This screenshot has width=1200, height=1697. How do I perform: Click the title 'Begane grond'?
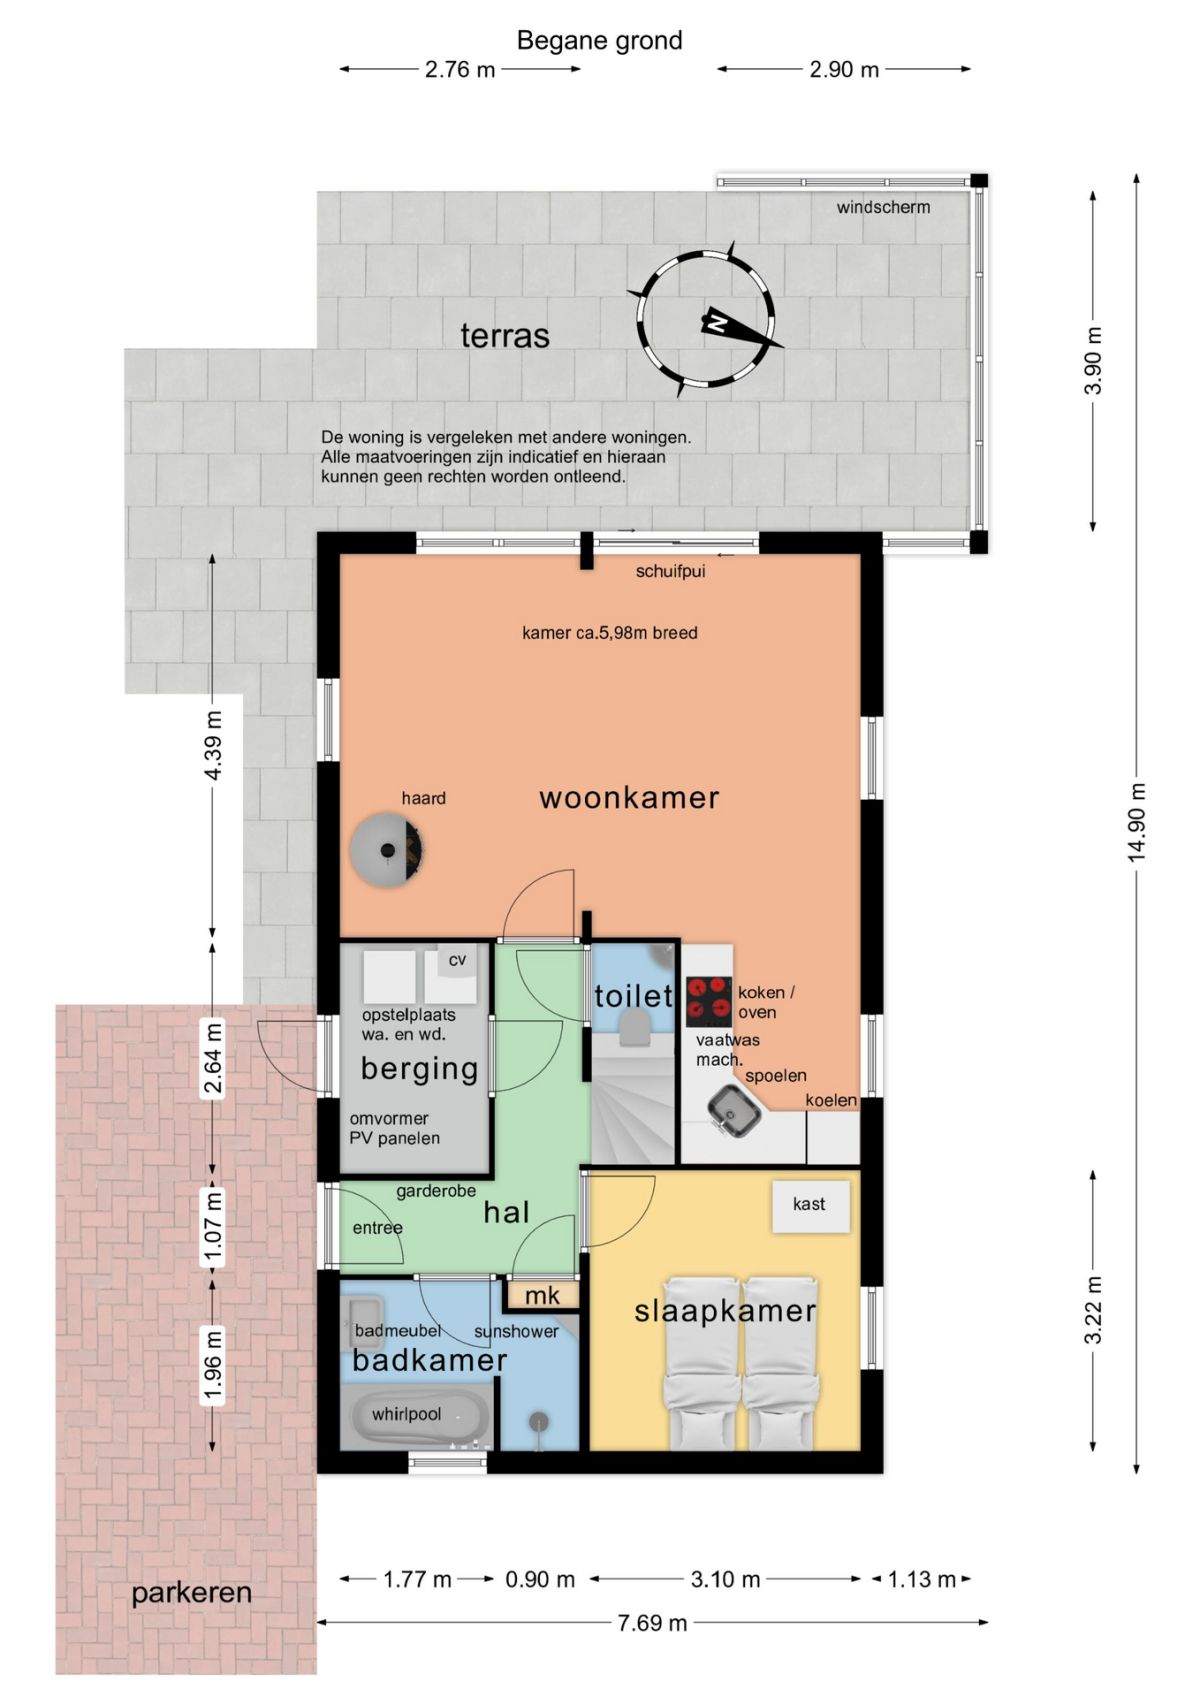599,40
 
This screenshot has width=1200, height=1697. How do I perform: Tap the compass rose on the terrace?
705,319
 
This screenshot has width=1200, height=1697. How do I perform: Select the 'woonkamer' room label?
629,798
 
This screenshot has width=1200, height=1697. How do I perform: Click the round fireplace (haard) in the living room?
386,850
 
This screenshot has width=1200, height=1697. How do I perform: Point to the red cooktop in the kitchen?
709,1001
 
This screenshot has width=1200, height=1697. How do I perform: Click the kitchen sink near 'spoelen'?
734,1111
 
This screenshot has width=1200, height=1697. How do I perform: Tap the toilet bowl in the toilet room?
634,1030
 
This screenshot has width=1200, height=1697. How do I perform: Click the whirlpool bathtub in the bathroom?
415,1414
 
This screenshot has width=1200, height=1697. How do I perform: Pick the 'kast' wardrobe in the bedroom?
810,1205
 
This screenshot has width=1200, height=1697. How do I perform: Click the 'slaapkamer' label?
725,1311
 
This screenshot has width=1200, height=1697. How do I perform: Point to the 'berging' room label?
420,1069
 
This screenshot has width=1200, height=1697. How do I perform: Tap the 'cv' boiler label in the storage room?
457,960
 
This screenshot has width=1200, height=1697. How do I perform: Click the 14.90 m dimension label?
1136,822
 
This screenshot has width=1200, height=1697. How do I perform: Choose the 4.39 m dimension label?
213,745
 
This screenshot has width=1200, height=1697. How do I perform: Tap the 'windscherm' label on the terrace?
883,207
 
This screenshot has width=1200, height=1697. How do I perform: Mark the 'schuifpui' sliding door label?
670,571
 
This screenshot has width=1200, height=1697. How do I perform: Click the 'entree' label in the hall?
377,1227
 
